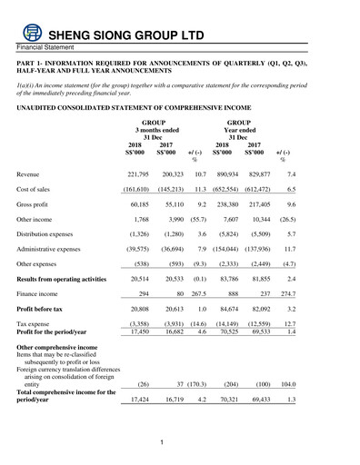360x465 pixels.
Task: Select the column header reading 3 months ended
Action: pos(154,129)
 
